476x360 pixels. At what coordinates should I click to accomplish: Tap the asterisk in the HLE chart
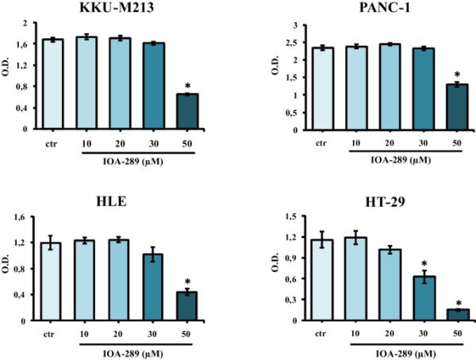click(187, 281)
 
